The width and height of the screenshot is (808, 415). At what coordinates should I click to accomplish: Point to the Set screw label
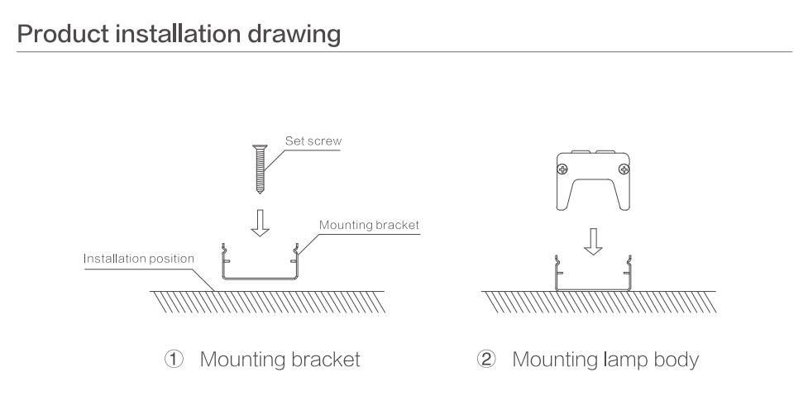313,141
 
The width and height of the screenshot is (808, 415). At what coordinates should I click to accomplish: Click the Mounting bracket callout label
369,224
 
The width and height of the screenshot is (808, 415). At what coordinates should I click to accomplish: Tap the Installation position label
139,259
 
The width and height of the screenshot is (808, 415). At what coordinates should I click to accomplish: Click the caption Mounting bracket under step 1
280,360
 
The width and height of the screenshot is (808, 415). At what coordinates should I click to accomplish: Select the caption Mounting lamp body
605,360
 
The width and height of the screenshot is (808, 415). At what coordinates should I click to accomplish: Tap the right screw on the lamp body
623,170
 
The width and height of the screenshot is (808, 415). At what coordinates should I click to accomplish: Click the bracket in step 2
594,284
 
